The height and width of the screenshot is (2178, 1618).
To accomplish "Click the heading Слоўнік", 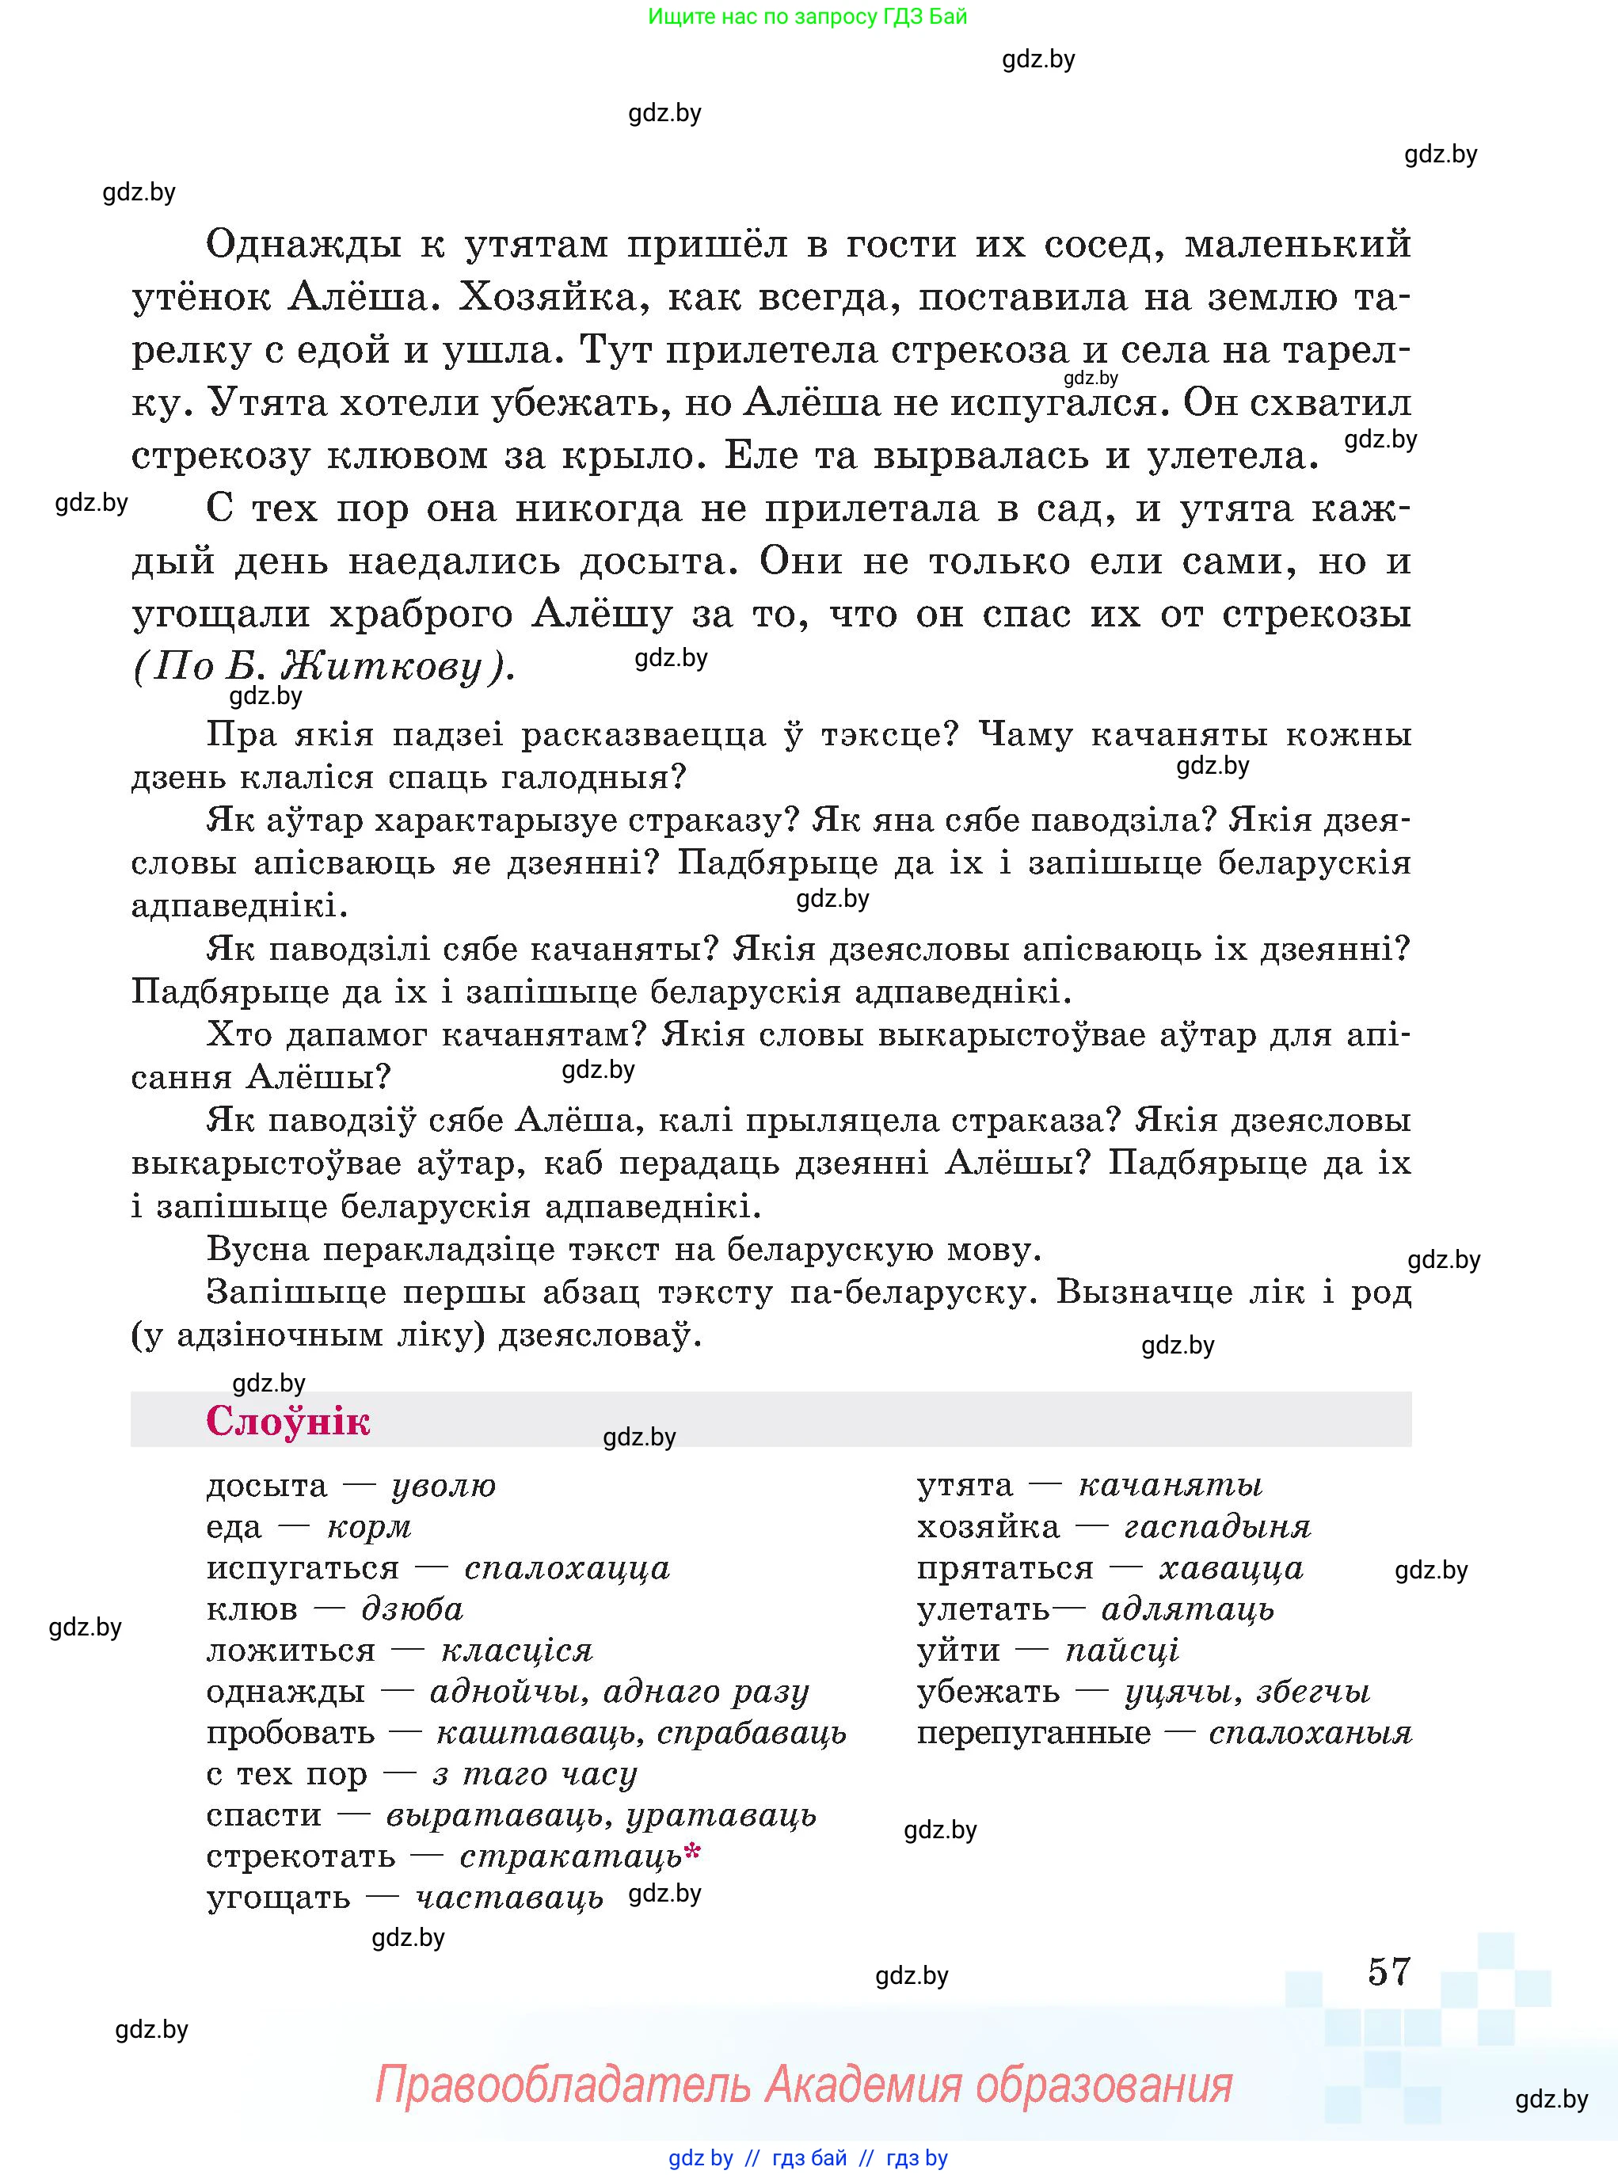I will click(288, 1421).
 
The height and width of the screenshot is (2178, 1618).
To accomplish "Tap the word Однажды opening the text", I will click(303, 244).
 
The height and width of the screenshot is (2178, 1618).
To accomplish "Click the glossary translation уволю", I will click(444, 1486).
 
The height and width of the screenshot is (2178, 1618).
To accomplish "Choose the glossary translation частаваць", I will click(509, 1897).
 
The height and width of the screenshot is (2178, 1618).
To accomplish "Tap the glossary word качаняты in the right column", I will click(1171, 1486).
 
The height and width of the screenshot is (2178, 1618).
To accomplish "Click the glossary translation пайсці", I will click(1121, 1651).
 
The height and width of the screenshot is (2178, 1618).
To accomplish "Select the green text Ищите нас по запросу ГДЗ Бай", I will click(807, 17).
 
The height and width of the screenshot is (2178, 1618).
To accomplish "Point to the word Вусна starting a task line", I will click(257, 1250).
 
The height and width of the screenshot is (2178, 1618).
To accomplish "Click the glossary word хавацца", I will click(1232, 1568).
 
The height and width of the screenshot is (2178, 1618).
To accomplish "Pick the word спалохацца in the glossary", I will click(567, 1568).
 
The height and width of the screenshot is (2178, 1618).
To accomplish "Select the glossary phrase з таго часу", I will click(534, 1773).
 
